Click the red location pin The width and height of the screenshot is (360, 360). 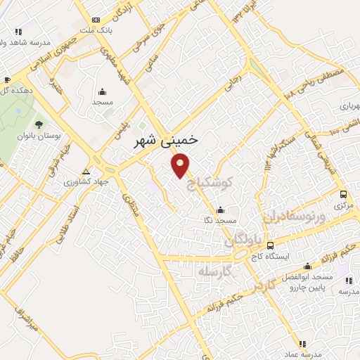(x=181, y=166)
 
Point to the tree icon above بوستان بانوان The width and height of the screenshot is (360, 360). (x=39, y=124)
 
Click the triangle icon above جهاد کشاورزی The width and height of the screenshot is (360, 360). (x=86, y=172)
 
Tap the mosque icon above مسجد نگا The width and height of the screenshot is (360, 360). (x=220, y=209)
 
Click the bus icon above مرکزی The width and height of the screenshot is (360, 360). (x=342, y=194)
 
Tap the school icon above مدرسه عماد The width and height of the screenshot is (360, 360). (x=302, y=344)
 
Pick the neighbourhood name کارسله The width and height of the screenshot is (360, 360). (x=215, y=271)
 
